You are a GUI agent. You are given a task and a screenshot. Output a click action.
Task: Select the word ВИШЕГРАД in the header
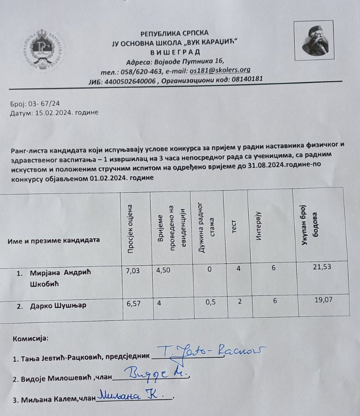click(x=175, y=52)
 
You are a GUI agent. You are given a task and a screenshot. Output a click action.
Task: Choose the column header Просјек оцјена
click(x=131, y=229)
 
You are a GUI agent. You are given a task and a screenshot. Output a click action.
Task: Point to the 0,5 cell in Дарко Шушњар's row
click(x=210, y=302)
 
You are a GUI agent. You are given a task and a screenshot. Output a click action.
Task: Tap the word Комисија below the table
click(x=30, y=338)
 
